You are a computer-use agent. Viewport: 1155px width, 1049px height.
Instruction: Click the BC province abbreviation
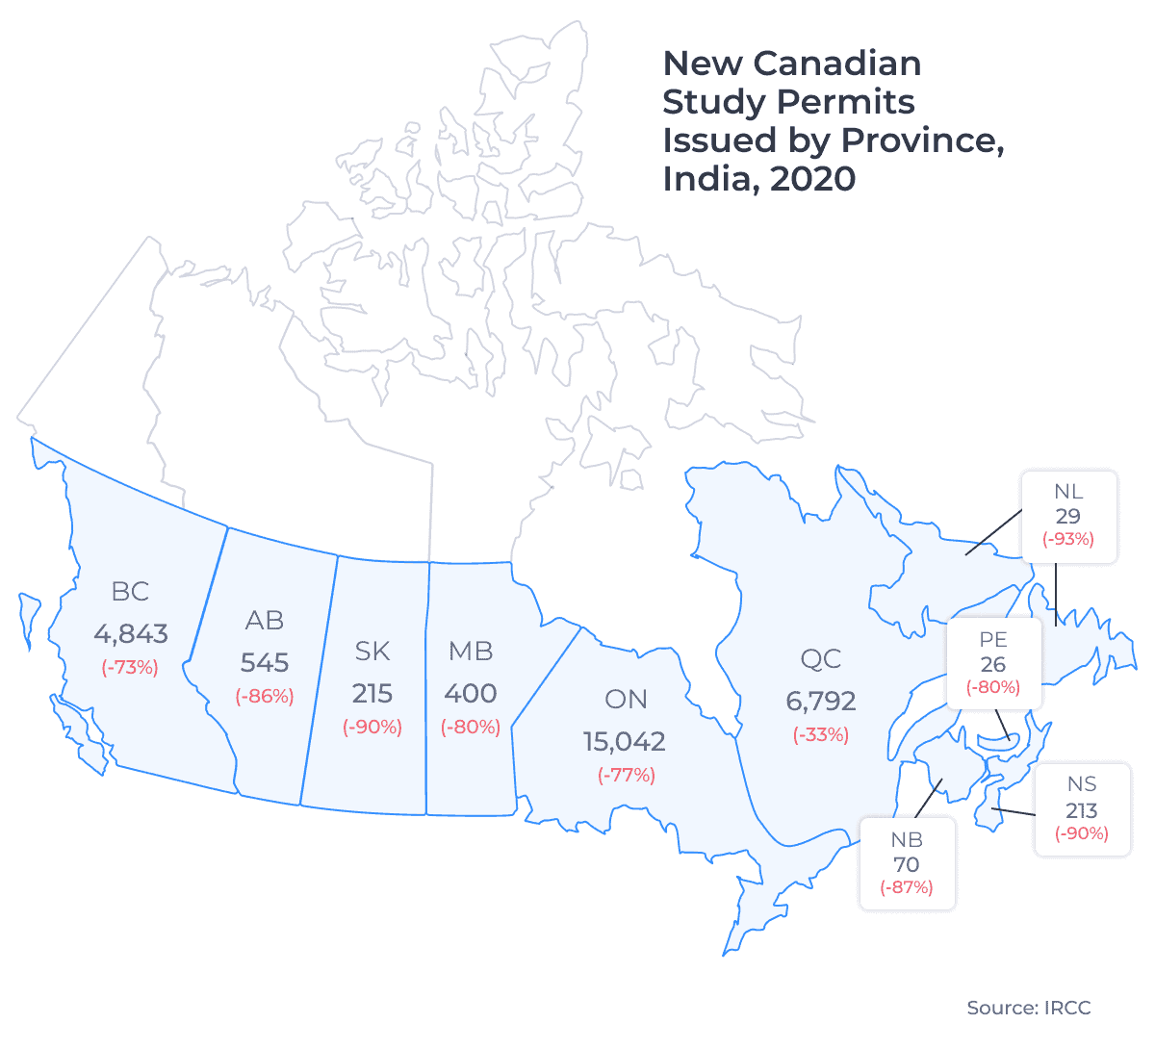click(130, 591)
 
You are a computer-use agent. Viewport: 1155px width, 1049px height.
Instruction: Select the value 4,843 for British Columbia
click(130, 634)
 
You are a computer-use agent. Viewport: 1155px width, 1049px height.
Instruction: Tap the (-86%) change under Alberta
click(265, 696)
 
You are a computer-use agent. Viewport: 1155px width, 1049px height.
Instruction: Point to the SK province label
click(372, 652)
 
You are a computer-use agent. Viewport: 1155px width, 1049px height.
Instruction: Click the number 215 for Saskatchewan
click(372, 694)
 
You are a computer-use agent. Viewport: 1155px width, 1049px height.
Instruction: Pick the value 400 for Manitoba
click(471, 694)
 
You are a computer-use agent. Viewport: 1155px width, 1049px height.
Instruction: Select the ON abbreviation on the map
click(626, 700)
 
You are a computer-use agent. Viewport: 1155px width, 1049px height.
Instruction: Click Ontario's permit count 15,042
click(625, 742)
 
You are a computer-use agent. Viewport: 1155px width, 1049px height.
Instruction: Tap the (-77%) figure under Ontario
click(626, 775)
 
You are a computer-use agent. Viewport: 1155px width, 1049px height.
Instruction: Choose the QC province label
click(821, 659)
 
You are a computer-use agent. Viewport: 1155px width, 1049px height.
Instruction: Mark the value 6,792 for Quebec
click(821, 702)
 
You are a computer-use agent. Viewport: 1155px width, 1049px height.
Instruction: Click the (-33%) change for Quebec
click(821, 735)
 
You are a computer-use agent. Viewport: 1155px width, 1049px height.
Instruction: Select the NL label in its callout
click(1068, 493)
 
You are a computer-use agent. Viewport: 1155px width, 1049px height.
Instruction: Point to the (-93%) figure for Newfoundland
click(1068, 539)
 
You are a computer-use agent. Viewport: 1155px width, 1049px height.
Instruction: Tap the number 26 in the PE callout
click(993, 664)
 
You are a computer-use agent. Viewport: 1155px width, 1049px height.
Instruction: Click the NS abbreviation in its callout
click(1082, 784)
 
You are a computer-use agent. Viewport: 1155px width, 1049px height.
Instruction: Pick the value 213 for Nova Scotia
click(1082, 810)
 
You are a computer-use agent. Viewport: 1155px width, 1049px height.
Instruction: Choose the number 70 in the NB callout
click(907, 864)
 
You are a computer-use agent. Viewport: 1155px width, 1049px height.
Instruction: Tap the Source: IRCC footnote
click(1029, 1009)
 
